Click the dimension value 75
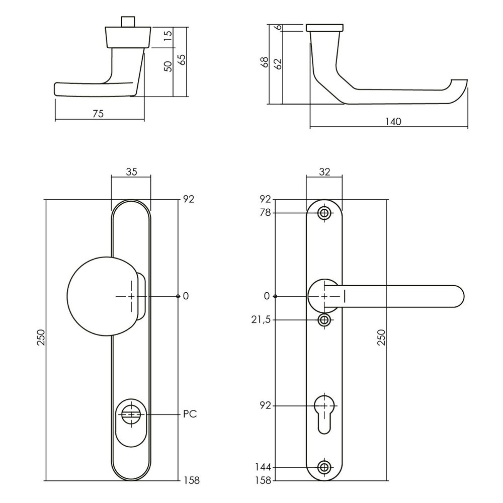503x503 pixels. (98, 114)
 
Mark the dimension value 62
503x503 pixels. (276, 64)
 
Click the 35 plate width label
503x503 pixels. (131, 172)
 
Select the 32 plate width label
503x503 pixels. (324, 172)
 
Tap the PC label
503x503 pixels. (189, 414)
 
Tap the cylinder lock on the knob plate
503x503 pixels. (131, 415)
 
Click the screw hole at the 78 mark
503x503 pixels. (324, 213)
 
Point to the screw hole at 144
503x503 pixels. (324, 467)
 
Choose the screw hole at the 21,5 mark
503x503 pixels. (324, 320)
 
